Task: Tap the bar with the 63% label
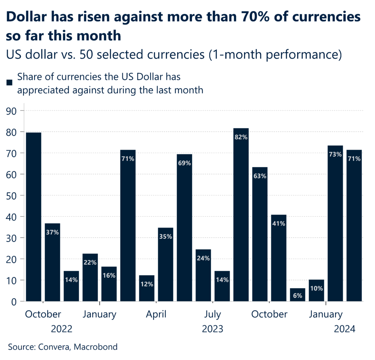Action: pos(260,234)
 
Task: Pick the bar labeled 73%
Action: pos(335,223)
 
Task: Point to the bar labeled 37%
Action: pos(52,262)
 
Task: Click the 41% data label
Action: pos(279,224)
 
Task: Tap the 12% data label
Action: pos(146,284)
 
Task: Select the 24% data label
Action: pos(203,258)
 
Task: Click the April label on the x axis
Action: pos(156,314)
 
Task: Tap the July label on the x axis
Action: pos(212,314)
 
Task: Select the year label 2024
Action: pos(345,329)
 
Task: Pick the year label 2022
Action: pos(62,329)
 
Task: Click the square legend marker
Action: pos(10,83)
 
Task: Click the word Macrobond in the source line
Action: pos(96,347)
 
